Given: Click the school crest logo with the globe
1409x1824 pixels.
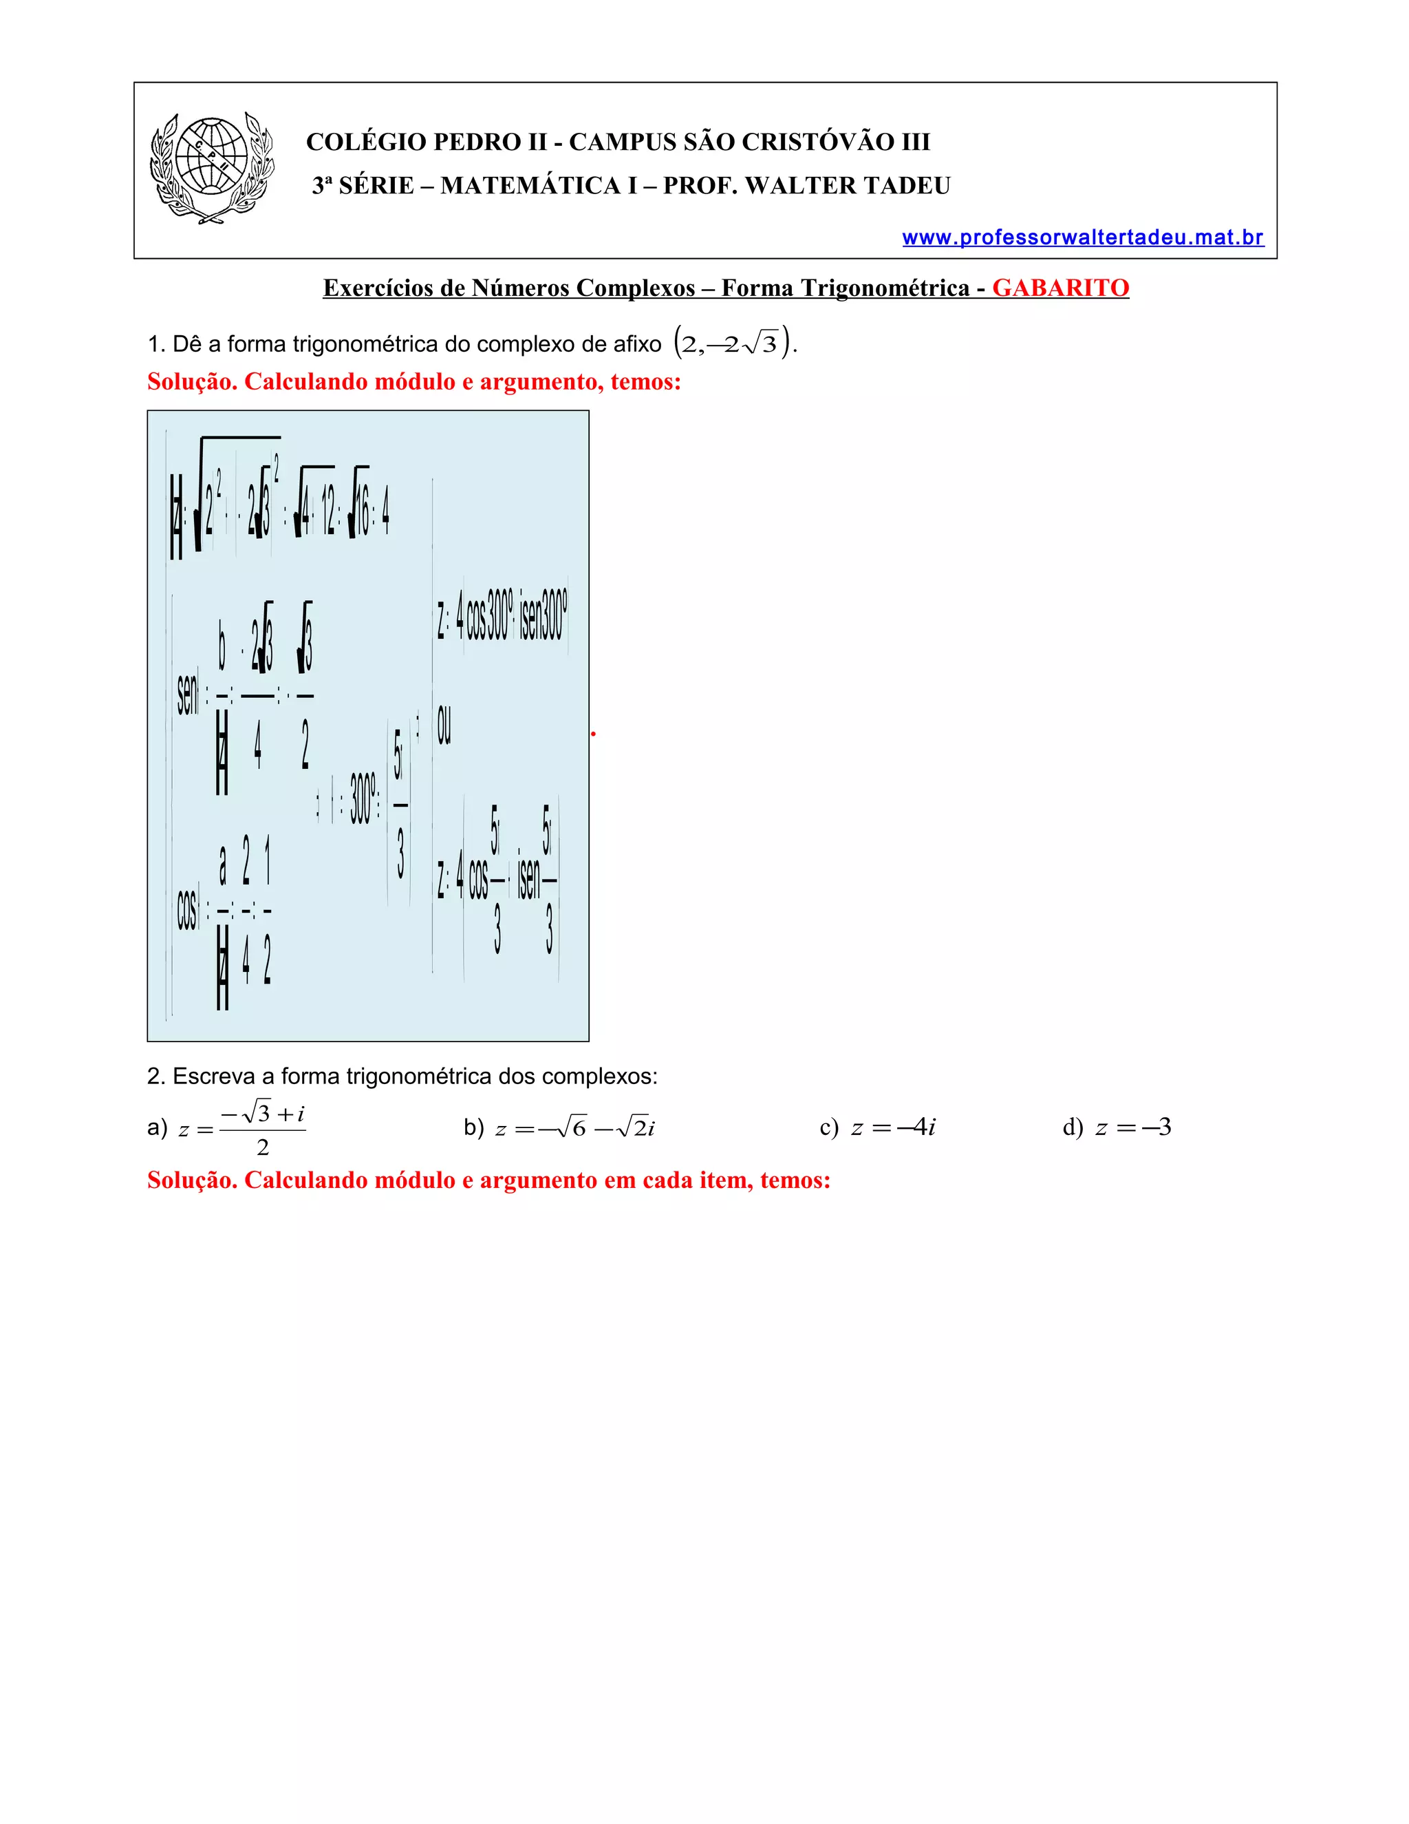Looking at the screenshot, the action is tap(212, 168).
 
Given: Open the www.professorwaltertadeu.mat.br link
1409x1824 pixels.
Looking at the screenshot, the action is tap(1083, 238).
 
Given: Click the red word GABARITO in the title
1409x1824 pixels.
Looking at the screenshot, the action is tap(1060, 288).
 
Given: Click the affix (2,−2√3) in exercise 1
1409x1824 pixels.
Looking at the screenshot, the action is tap(733, 343).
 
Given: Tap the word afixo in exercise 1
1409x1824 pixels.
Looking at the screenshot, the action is tap(637, 344).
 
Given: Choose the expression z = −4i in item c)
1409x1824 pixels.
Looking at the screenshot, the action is tap(892, 1128).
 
